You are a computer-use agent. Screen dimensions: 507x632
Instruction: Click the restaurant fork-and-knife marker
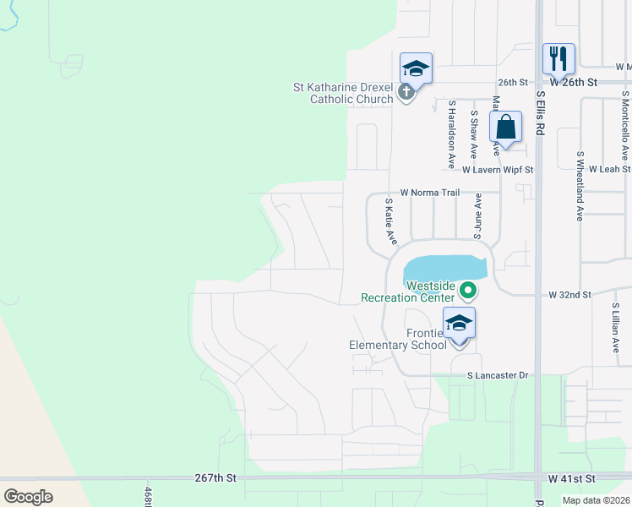click(558, 59)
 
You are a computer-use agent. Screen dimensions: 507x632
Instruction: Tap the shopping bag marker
click(504, 128)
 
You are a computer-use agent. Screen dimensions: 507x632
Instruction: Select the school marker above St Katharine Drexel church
click(416, 68)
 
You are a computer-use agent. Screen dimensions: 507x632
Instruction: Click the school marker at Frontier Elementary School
click(459, 324)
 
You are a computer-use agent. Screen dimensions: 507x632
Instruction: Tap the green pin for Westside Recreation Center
click(466, 292)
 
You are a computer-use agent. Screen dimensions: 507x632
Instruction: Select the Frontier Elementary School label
click(399, 339)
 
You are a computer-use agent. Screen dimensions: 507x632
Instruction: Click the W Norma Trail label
click(430, 193)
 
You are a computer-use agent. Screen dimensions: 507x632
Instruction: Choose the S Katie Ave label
click(390, 222)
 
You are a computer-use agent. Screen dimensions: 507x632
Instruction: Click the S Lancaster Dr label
click(499, 374)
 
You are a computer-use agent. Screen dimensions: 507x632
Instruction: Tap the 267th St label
click(216, 478)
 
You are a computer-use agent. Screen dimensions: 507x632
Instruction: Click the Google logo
click(29, 497)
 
